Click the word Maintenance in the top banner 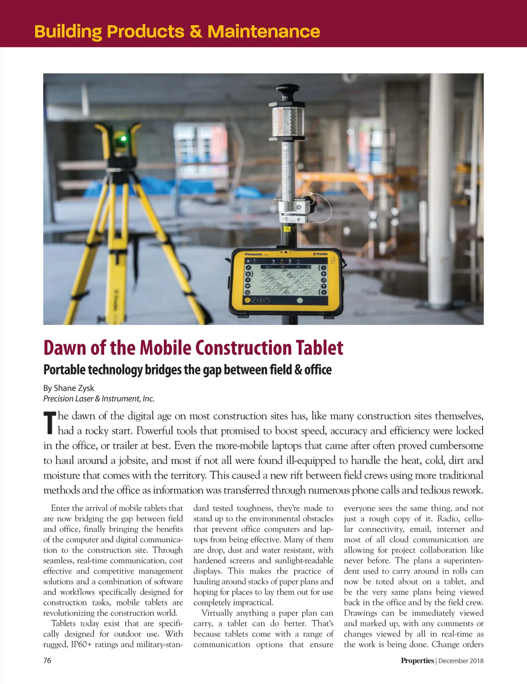pyautogui.click(x=263, y=32)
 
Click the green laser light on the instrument pyautogui.click(x=123, y=139)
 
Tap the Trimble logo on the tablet pyautogui.click(x=320, y=254)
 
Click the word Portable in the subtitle pyautogui.click(x=64, y=370)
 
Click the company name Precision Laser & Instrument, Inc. pyautogui.click(x=99, y=399)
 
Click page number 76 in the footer pyautogui.click(x=47, y=660)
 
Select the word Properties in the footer pyautogui.click(x=417, y=661)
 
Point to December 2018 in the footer pyautogui.click(x=461, y=661)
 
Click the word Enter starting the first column pyautogui.click(x=60, y=508)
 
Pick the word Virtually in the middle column pyautogui.click(x=217, y=613)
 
